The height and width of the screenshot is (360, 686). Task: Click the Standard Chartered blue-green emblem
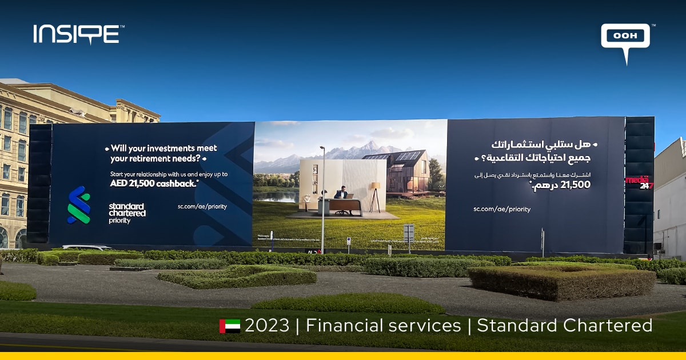pos(79,205)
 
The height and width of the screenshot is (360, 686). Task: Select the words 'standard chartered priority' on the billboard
pos(127,213)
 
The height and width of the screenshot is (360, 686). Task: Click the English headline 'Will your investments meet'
pos(163,148)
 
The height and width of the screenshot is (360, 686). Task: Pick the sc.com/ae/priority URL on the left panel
pos(202,206)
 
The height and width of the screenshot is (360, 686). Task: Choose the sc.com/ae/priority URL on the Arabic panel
pos(501,209)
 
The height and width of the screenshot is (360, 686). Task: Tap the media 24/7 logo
pos(639,182)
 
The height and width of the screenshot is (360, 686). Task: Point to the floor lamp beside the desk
pos(376,194)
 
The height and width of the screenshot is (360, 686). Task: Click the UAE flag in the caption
pos(229,326)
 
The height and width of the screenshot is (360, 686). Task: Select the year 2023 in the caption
pos(267,326)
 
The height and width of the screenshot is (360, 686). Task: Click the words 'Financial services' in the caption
pos(383,326)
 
